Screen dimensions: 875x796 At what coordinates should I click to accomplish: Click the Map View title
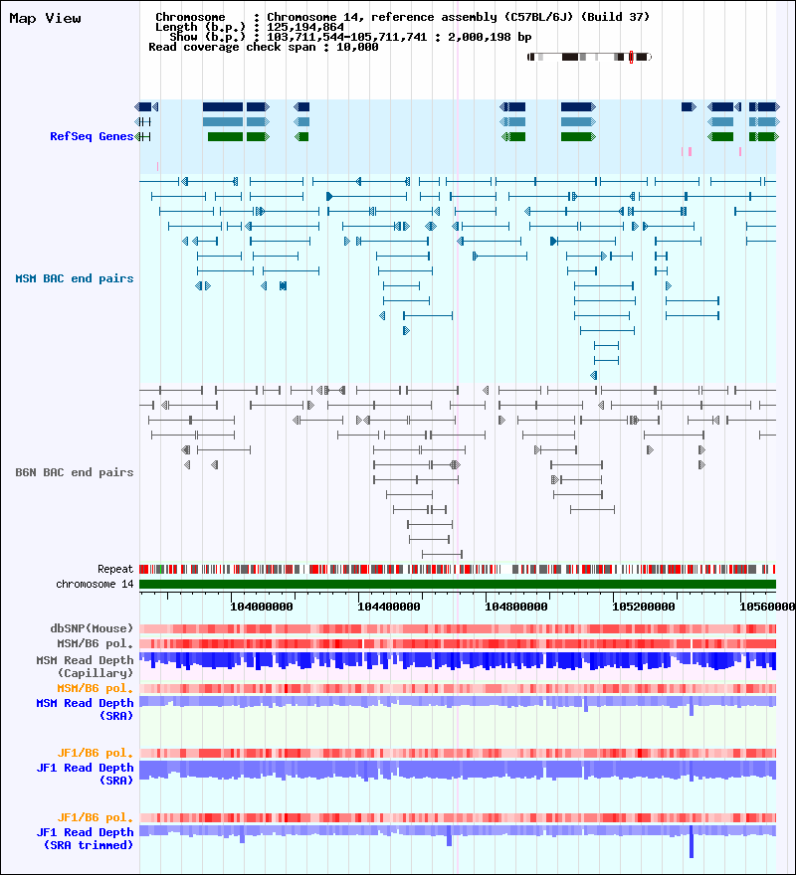pos(45,18)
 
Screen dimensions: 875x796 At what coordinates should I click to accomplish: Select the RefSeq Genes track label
pos(91,136)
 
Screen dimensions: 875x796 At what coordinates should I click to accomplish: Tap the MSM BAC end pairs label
pos(74,278)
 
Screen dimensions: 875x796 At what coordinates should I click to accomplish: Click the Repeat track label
pos(114,569)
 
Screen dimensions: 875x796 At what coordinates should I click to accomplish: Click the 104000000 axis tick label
pos(262,605)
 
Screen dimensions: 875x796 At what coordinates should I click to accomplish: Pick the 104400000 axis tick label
pos(389,605)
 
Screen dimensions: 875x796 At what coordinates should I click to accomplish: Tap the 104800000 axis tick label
pos(516,605)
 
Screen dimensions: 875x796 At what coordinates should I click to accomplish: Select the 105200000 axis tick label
pos(644,605)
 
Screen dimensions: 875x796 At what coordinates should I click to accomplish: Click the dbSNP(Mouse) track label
pos(92,628)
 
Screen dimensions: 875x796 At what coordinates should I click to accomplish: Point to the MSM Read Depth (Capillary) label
pos(85,666)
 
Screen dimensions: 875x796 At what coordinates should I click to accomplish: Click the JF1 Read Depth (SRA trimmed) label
pos(85,838)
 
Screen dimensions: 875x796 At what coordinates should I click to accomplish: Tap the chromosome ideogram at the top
pos(590,58)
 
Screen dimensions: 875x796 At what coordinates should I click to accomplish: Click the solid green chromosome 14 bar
pos(458,584)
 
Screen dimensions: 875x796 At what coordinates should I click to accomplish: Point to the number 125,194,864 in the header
pos(305,27)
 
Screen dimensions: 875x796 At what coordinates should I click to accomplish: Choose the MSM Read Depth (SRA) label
pos(85,709)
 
